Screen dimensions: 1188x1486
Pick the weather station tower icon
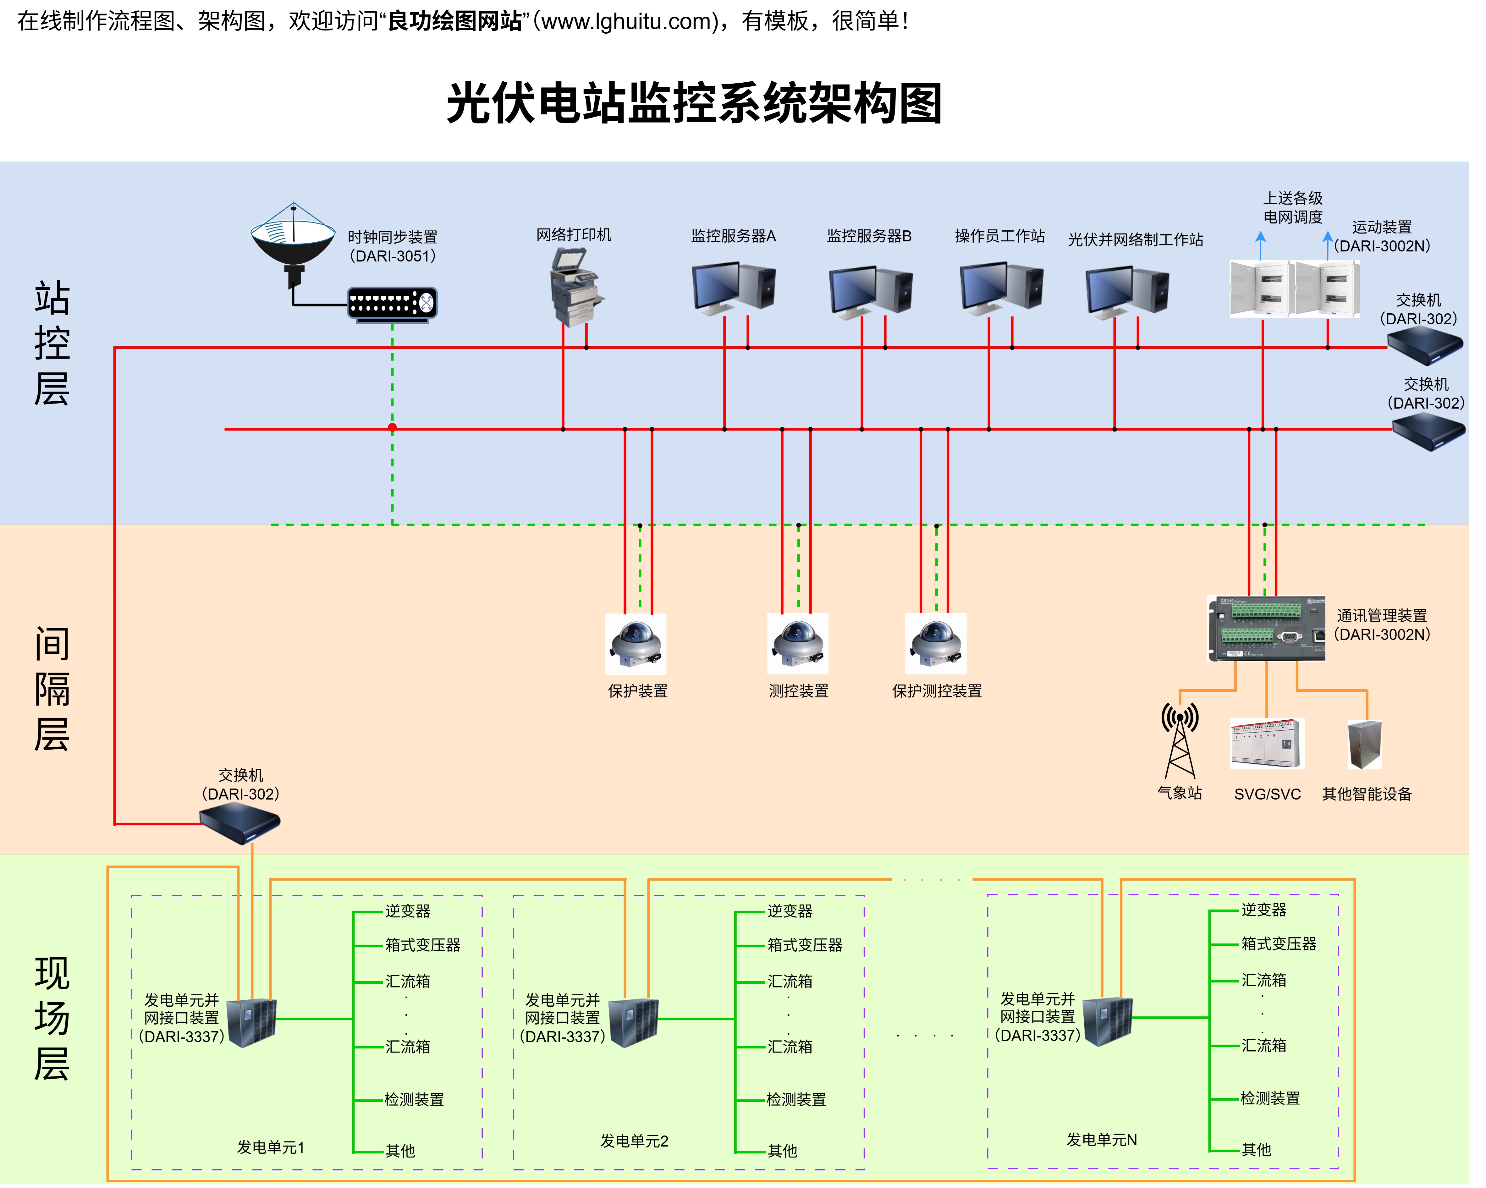coord(1180,741)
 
